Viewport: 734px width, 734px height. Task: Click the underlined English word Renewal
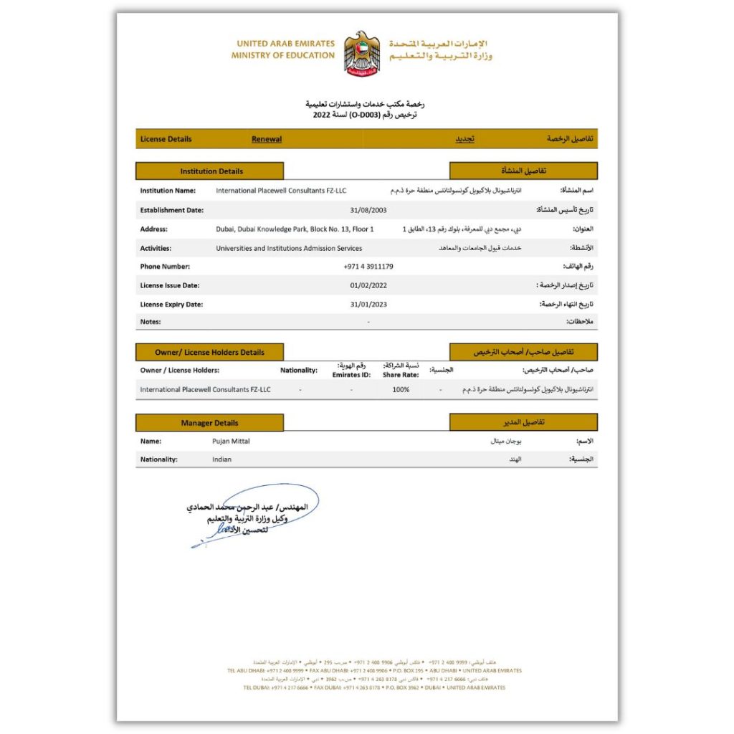click(x=267, y=139)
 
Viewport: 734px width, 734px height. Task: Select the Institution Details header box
click(x=211, y=171)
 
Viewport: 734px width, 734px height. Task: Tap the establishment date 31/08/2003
click(x=368, y=210)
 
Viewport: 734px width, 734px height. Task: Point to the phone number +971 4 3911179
click(x=368, y=267)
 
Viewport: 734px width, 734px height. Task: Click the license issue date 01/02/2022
click(x=368, y=285)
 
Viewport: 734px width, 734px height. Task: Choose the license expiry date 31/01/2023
click(x=368, y=305)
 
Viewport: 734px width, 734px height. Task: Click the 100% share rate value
click(x=401, y=390)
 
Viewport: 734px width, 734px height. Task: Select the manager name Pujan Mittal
click(x=231, y=442)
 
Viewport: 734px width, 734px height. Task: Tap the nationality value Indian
click(x=222, y=459)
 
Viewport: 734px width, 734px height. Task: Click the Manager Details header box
click(x=209, y=423)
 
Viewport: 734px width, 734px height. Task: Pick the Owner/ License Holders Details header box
click(x=209, y=353)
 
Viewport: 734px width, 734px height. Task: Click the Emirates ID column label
click(x=351, y=375)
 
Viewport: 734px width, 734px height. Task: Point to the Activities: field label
click(x=156, y=248)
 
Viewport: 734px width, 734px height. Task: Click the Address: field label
click(x=154, y=229)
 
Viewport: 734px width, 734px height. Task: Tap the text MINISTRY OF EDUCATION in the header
click(x=283, y=55)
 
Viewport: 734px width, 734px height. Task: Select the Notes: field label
click(x=151, y=322)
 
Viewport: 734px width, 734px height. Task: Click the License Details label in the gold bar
click(x=166, y=139)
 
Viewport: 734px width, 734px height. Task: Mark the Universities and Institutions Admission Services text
click(x=289, y=248)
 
